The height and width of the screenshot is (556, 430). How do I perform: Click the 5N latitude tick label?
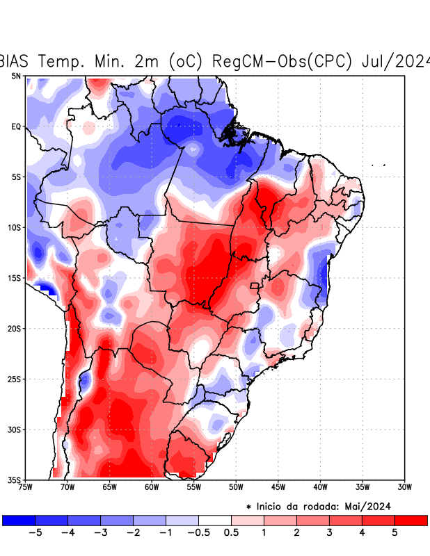pyautogui.click(x=15, y=76)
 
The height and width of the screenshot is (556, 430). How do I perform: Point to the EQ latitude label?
pyautogui.click(x=15, y=126)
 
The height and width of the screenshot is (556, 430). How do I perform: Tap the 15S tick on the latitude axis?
pyautogui.click(x=14, y=278)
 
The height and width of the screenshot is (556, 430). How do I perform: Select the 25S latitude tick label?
pyautogui.click(x=14, y=379)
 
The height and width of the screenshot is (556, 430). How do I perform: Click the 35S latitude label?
pyautogui.click(x=14, y=480)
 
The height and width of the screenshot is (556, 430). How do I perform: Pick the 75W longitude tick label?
pyautogui.click(x=25, y=486)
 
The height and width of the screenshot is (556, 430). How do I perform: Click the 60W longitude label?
pyautogui.click(x=151, y=486)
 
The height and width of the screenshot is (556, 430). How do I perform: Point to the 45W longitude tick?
pyautogui.click(x=278, y=486)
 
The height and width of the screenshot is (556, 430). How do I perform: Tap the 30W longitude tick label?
pyautogui.click(x=404, y=486)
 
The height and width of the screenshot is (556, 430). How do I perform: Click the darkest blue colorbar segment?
pyautogui.click(x=19, y=520)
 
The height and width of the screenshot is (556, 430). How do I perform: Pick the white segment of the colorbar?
pyautogui.click(x=215, y=520)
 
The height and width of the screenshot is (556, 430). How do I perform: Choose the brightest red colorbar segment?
pyautogui.click(x=411, y=520)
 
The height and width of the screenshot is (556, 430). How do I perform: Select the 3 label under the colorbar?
pyautogui.click(x=329, y=533)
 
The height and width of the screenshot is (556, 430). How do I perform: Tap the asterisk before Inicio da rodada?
pyautogui.click(x=249, y=508)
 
